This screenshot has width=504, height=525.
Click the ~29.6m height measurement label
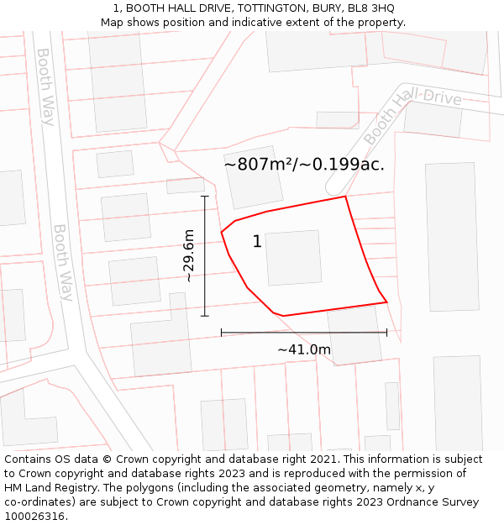pyautogui.click(x=189, y=255)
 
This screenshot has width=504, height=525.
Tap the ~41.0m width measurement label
pyautogui.click(x=304, y=349)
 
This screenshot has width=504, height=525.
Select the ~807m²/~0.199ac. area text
pyautogui.click(x=304, y=165)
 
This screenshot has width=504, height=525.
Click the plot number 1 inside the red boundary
pyautogui.click(x=257, y=242)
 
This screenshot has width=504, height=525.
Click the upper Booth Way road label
pyautogui.click(x=45, y=87)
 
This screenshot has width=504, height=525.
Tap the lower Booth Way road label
pyautogui.click(x=64, y=262)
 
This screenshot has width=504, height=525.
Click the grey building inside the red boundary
pyautogui.click(x=293, y=258)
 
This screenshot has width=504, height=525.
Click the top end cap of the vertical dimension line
pyautogui.click(x=204, y=196)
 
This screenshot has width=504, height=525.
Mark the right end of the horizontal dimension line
pyautogui.click(x=386, y=333)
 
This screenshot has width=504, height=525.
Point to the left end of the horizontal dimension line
pyautogui.click(x=222, y=333)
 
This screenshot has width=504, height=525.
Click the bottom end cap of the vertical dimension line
pyautogui.click(x=204, y=316)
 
